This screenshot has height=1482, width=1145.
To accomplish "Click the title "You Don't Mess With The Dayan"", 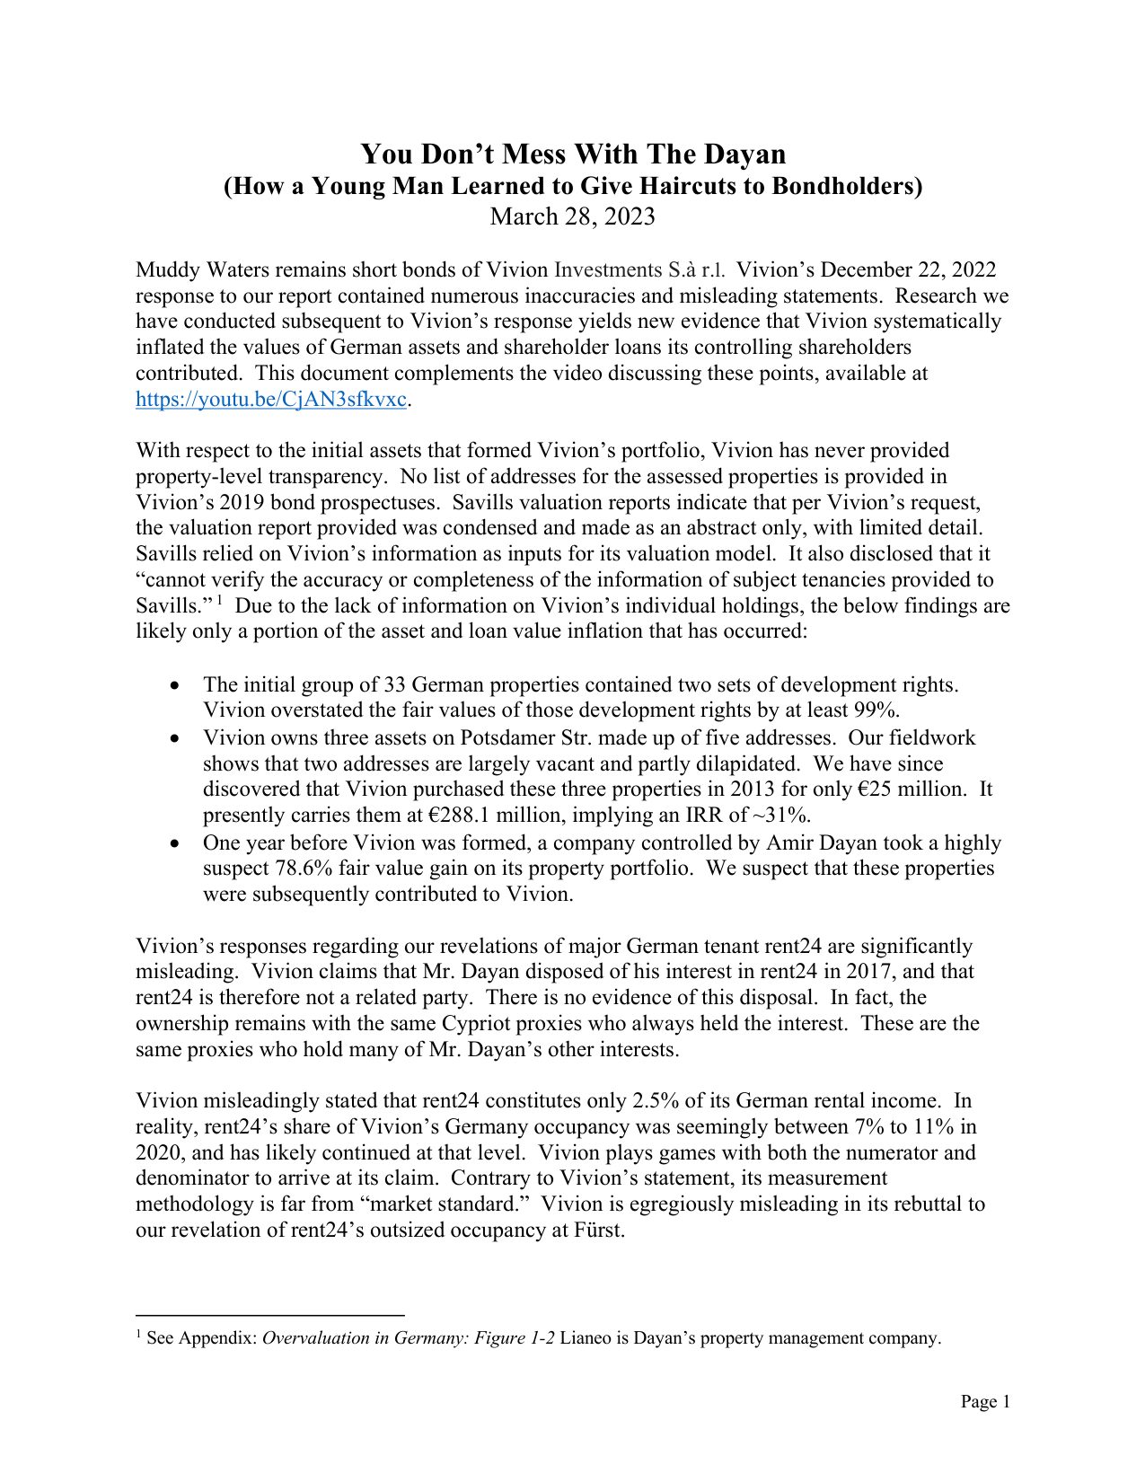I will [x=573, y=154].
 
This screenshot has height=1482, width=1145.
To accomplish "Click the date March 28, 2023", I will [x=573, y=216].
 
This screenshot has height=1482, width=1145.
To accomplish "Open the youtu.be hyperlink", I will [x=271, y=400].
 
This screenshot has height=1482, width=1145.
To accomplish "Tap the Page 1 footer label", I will [x=985, y=1402].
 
